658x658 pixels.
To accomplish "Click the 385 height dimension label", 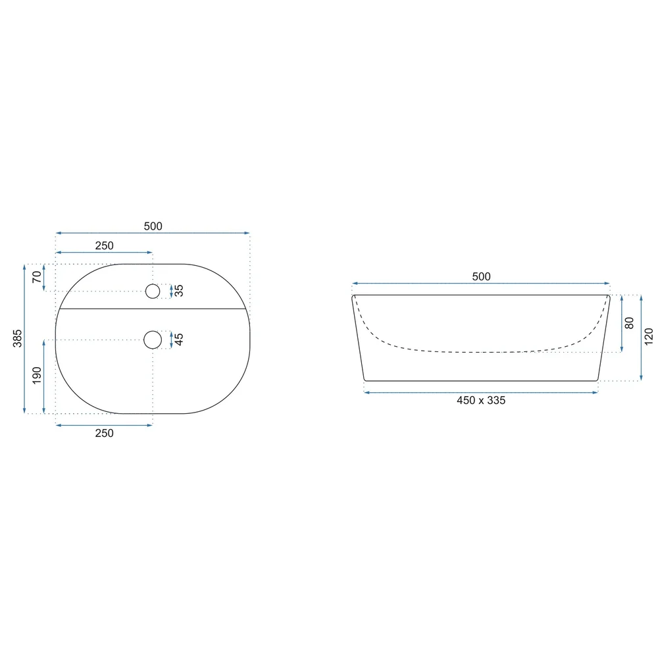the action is tap(17, 338).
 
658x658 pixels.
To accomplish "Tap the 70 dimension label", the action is tap(37, 277).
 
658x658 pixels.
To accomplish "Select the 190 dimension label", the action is tap(37, 375).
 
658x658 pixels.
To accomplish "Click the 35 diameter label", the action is tap(179, 290).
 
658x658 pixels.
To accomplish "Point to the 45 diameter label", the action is tap(179, 339).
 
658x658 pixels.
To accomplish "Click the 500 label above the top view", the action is tap(153, 226).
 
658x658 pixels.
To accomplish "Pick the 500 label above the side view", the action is tap(481, 276).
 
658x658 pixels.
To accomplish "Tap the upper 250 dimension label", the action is tap(104, 245).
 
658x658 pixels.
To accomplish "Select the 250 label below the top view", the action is tap(104, 433).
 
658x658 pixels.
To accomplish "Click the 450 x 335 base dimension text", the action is tap(481, 400).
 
